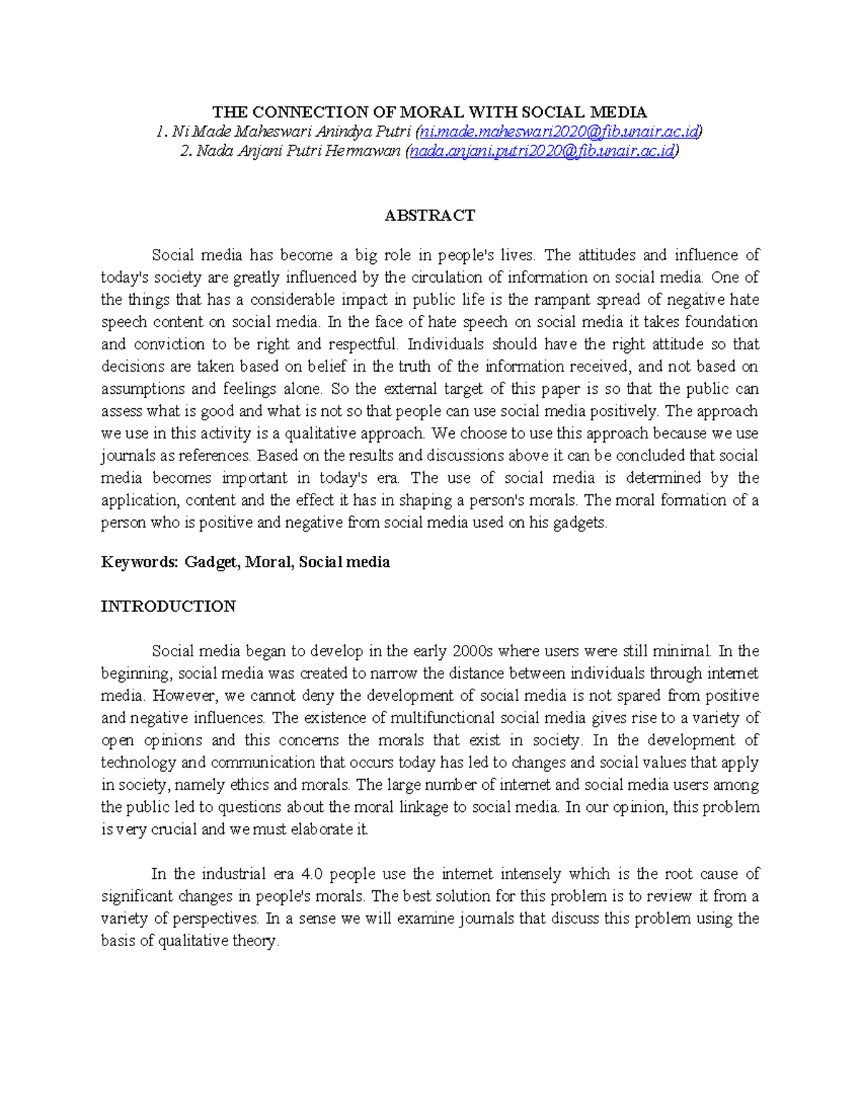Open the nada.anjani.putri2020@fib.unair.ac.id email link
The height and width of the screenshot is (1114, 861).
point(541,151)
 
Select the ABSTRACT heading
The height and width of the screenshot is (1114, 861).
point(430,215)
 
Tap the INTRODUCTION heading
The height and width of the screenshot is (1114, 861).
point(168,606)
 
